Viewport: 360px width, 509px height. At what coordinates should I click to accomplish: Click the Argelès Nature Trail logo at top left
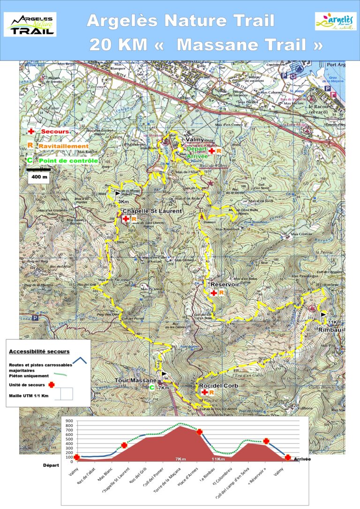point(30,24)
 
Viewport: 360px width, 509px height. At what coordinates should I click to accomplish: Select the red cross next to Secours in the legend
point(31,132)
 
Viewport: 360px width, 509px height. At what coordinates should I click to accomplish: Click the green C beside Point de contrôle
point(30,160)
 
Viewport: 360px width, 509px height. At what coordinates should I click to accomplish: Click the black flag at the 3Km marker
point(117,194)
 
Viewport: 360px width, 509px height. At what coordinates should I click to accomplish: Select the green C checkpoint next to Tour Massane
point(151,388)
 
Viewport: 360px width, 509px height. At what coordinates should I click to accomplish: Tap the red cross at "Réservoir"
point(214,293)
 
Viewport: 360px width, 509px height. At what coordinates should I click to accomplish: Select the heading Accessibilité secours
point(39,352)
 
